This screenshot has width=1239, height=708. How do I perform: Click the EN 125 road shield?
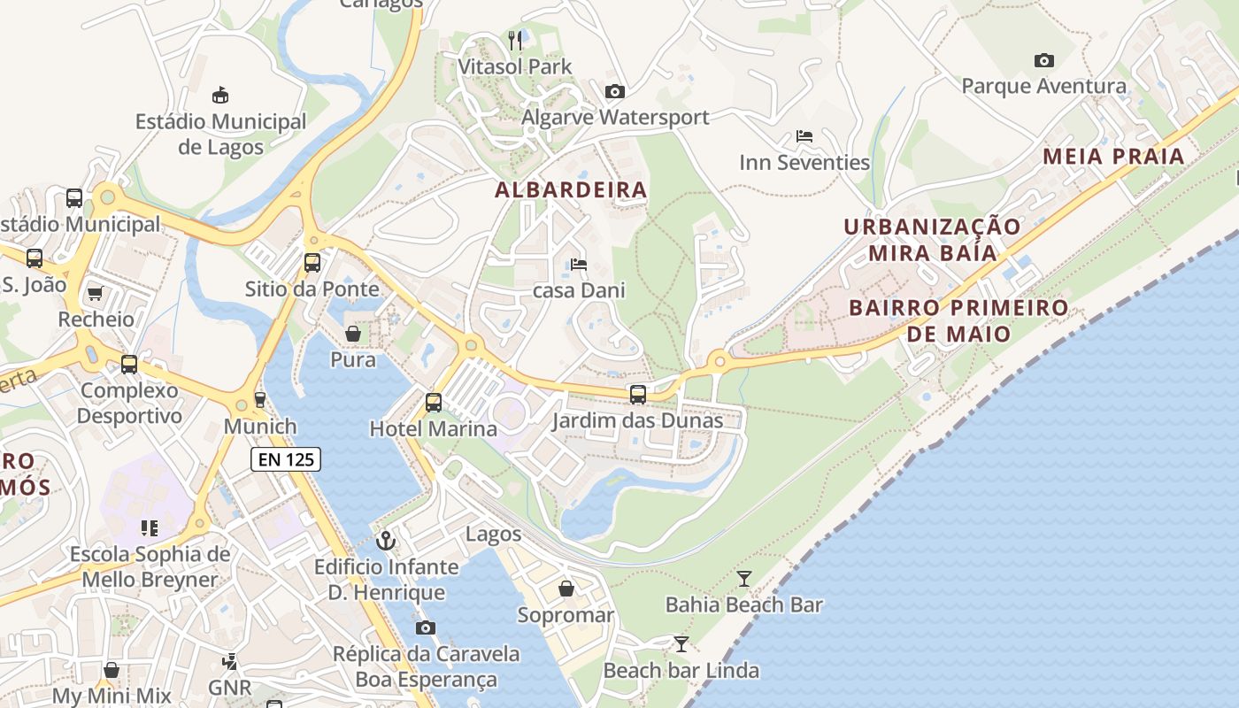(286, 459)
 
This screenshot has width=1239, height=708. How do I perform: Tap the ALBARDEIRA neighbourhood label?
(571, 190)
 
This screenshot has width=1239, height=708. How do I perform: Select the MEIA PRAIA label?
(1113, 157)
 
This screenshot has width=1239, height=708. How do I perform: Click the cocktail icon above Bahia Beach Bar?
(744, 579)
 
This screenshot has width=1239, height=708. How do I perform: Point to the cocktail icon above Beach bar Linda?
(681, 643)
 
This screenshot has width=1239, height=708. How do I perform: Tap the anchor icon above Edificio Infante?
(386, 540)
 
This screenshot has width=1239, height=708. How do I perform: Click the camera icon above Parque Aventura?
(1044, 61)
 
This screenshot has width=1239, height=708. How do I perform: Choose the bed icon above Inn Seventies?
(804, 136)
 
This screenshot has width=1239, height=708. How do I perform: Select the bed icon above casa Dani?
(579, 264)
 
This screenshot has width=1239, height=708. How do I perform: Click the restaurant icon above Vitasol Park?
(516, 40)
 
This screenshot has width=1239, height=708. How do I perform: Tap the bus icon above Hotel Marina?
(434, 403)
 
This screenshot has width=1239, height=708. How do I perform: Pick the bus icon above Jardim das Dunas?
(638, 395)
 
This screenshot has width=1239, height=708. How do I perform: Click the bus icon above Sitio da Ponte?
(312, 263)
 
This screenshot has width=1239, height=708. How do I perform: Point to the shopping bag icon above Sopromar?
(566, 589)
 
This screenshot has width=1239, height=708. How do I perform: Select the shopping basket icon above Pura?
(353, 334)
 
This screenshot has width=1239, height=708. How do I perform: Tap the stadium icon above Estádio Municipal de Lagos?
(220, 95)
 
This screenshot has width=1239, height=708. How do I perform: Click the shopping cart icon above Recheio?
(96, 293)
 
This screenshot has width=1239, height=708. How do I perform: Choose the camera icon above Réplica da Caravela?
(426, 627)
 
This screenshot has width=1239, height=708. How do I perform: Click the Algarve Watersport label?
(616, 118)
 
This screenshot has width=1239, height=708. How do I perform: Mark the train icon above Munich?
(260, 400)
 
